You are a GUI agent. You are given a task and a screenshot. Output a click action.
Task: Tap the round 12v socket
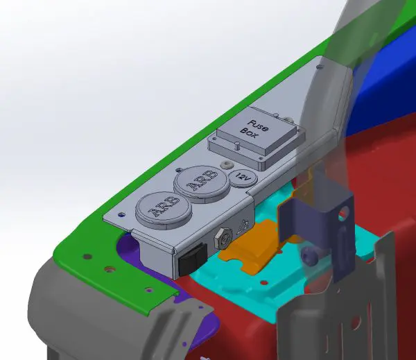point(243,178)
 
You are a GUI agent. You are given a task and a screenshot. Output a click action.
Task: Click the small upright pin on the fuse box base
point(239,145)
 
